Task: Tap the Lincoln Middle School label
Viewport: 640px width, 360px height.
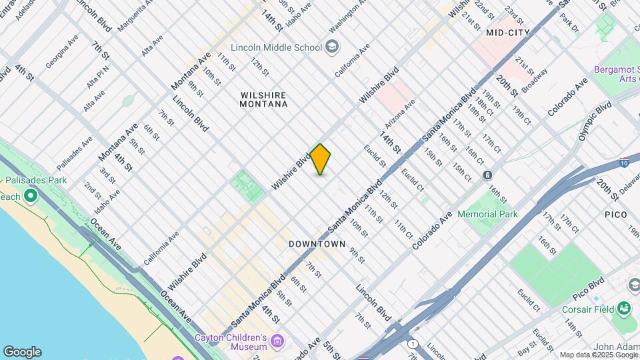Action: point(276,47)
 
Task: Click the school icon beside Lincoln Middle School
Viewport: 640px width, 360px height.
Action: point(332,47)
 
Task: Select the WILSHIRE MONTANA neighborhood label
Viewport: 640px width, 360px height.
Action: point(264,99)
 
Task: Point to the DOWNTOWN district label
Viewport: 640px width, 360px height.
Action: point(317,244)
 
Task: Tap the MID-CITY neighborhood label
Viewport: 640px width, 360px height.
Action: point(508,32)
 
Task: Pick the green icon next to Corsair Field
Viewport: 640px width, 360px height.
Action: point(624,309)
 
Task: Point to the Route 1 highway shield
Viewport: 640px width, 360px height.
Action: point(413,343)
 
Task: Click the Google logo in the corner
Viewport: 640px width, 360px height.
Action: point(22,351)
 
